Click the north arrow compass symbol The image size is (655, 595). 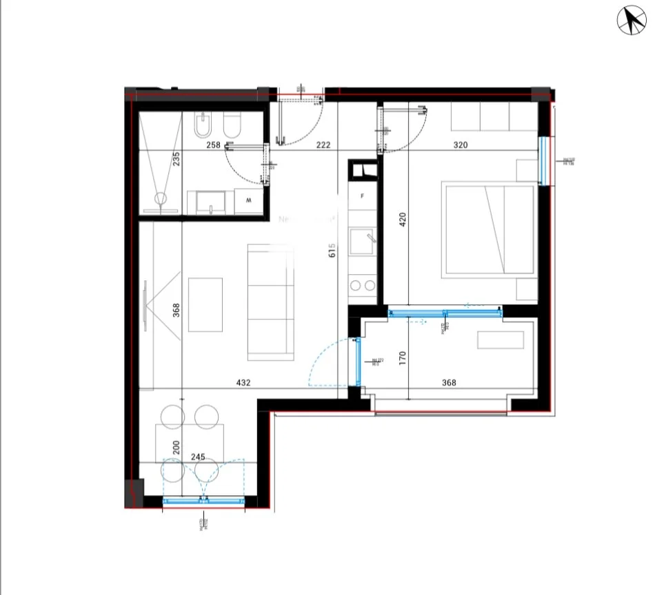631,20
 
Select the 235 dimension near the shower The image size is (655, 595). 176,159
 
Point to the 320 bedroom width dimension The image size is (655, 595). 460,145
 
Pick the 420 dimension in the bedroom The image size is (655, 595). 403,219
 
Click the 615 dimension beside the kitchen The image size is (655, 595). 332,250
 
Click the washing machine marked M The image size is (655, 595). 248,201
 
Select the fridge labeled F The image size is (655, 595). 363,196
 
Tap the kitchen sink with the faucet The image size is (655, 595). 363,242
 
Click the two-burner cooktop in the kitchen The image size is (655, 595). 363,285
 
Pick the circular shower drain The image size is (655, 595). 160,199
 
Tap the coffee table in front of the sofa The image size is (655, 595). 205,304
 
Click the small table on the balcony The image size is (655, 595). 501,340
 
